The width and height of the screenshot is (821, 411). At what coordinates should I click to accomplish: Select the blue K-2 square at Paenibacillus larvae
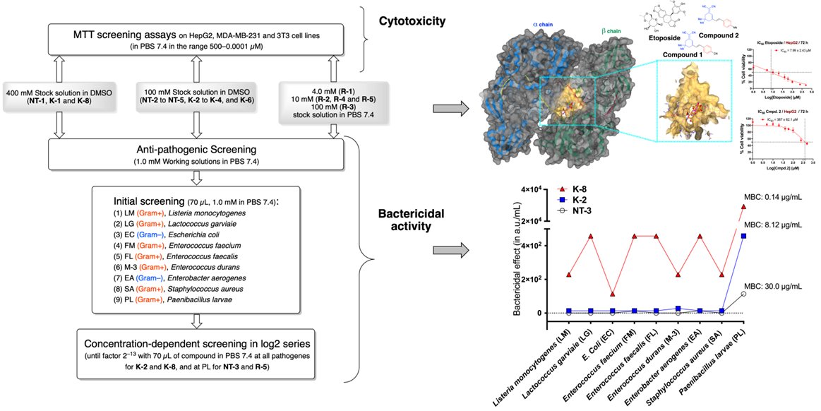743,236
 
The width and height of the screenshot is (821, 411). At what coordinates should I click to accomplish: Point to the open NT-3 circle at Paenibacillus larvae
743,294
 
